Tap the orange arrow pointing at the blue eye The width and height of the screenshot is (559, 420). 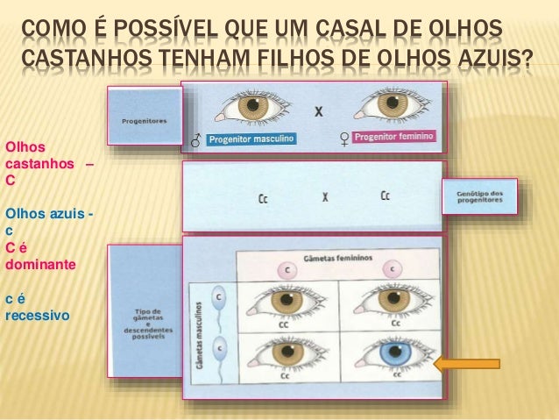468,364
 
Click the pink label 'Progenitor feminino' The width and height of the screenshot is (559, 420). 397,136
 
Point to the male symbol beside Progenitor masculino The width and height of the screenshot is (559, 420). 195,139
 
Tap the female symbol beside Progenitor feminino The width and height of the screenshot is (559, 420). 344,137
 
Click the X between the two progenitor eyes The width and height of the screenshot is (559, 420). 319,111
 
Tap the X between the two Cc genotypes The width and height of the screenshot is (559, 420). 325,197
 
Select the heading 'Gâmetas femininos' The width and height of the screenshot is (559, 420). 336,259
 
